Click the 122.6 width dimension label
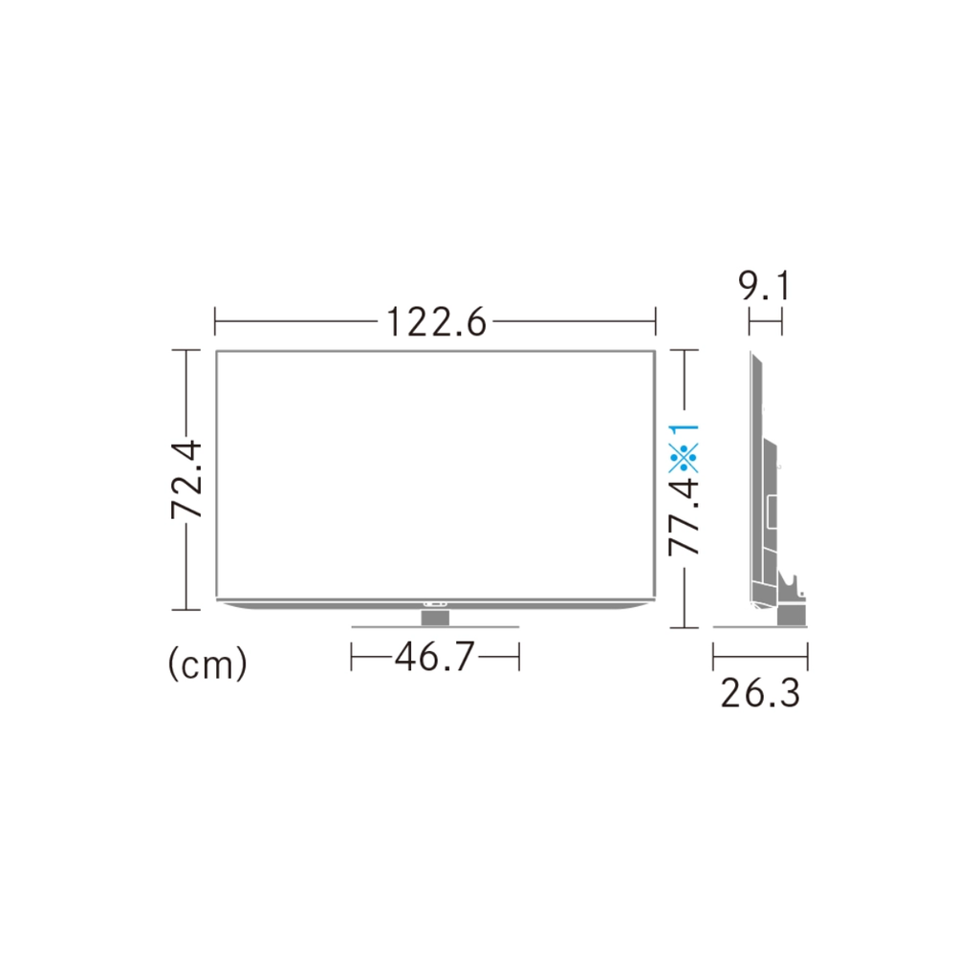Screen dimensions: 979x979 click(436, 322)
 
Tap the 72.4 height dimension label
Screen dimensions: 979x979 click(186, 480)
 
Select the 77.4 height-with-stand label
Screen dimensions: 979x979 click(684, 515)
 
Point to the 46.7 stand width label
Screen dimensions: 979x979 click(435, 656)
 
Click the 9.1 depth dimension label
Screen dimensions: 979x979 click(765, 287)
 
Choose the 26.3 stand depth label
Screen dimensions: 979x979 click(760, 693)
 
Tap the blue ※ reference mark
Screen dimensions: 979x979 click(684, 458)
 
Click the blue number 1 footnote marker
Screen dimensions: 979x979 click(685, 431)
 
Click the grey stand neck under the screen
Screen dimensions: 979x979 click(435, 618)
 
